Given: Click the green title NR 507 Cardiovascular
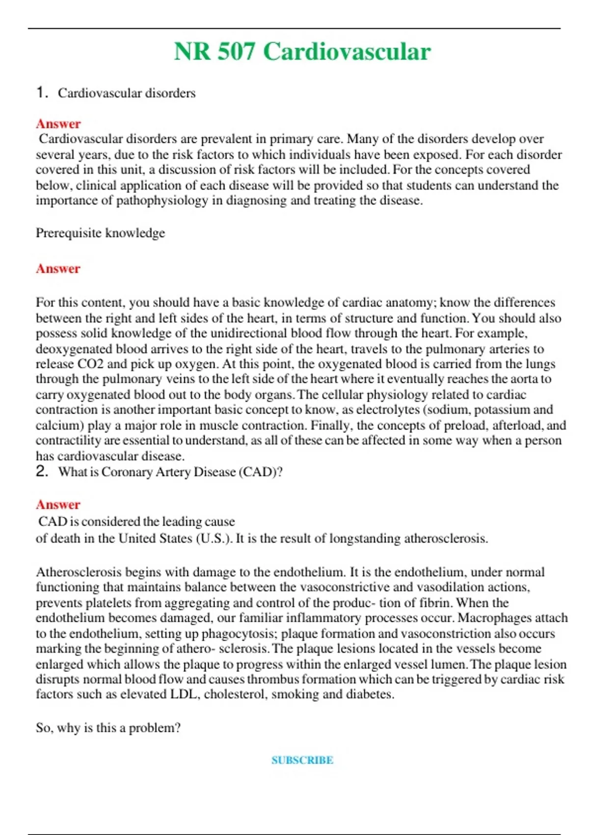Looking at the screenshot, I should pyautogui.click(x=302, y=52).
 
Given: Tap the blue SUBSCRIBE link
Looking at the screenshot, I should pyautogui.click(x=302, y=760).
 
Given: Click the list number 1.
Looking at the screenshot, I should pyautogui.click(x=42, y=92).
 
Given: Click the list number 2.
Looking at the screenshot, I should pyautogui.click(x=42, y=472).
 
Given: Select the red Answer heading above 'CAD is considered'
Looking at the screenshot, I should pyautogui.click(x=58, y=504).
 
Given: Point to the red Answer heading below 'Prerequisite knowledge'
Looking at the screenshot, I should pyautogui.click(x=58, y=269).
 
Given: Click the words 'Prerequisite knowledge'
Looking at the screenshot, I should pyautogui.click(x=100, y=233).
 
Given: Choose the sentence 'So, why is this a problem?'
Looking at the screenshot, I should pyautogui.click(x=108, y=728).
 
